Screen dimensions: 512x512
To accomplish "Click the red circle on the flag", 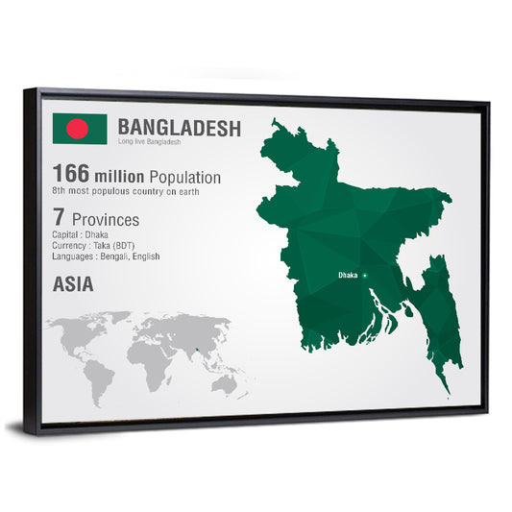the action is tap(77, 129).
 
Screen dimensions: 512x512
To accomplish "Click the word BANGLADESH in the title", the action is tap(179, 128).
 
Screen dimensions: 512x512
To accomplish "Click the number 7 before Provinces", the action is tap(59, 219).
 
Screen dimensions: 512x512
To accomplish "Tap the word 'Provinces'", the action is tap(103, 220).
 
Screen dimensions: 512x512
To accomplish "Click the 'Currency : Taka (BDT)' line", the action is tap(94, 247).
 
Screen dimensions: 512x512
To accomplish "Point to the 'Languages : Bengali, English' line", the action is tap(106, 256).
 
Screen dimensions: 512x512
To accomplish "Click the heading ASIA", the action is tap(74, 285).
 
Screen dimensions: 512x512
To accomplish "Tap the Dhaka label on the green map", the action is tap(347, 275).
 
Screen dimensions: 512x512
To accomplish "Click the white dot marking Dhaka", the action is tap(364, 275).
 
